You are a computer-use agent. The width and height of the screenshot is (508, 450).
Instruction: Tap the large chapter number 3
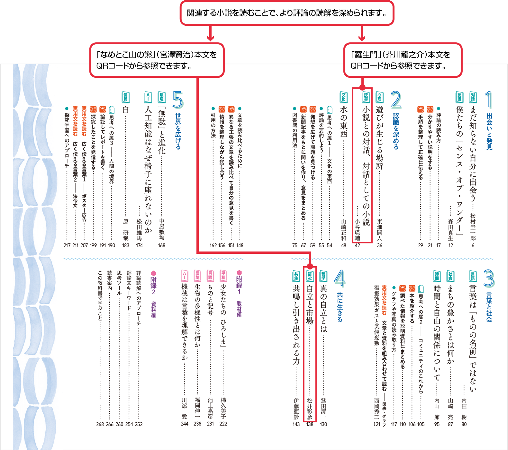click(x=488, y=278)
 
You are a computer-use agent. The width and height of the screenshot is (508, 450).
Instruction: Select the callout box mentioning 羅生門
click(x=403, y=60)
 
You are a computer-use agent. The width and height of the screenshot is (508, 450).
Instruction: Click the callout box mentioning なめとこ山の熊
click(x=157, y=60)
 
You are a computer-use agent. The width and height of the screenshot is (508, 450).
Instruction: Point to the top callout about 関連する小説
click(x=287, y=13)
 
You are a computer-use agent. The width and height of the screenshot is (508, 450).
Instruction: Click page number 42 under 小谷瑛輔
click(x=357, y=245)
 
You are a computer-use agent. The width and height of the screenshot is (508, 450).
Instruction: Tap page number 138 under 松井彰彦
click(x=310, y=424)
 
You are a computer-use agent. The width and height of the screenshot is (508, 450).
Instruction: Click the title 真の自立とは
click(x=323, y=308)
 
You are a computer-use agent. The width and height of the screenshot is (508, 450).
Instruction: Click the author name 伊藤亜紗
click(x=296, y=409)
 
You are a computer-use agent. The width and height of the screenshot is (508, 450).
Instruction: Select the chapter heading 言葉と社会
click(x=489, y=307)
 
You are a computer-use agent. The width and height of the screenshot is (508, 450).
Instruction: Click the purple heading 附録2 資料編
click(x=153, y=294)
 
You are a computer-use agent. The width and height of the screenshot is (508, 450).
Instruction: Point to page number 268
click(x=100, y=424)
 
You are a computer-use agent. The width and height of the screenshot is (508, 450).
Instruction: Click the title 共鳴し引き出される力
click(x=296, y=324)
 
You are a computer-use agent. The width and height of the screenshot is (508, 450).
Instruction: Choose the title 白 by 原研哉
click(x=126, y=110)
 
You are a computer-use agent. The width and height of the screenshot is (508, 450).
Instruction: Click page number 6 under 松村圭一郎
click(x=473, y=245)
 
